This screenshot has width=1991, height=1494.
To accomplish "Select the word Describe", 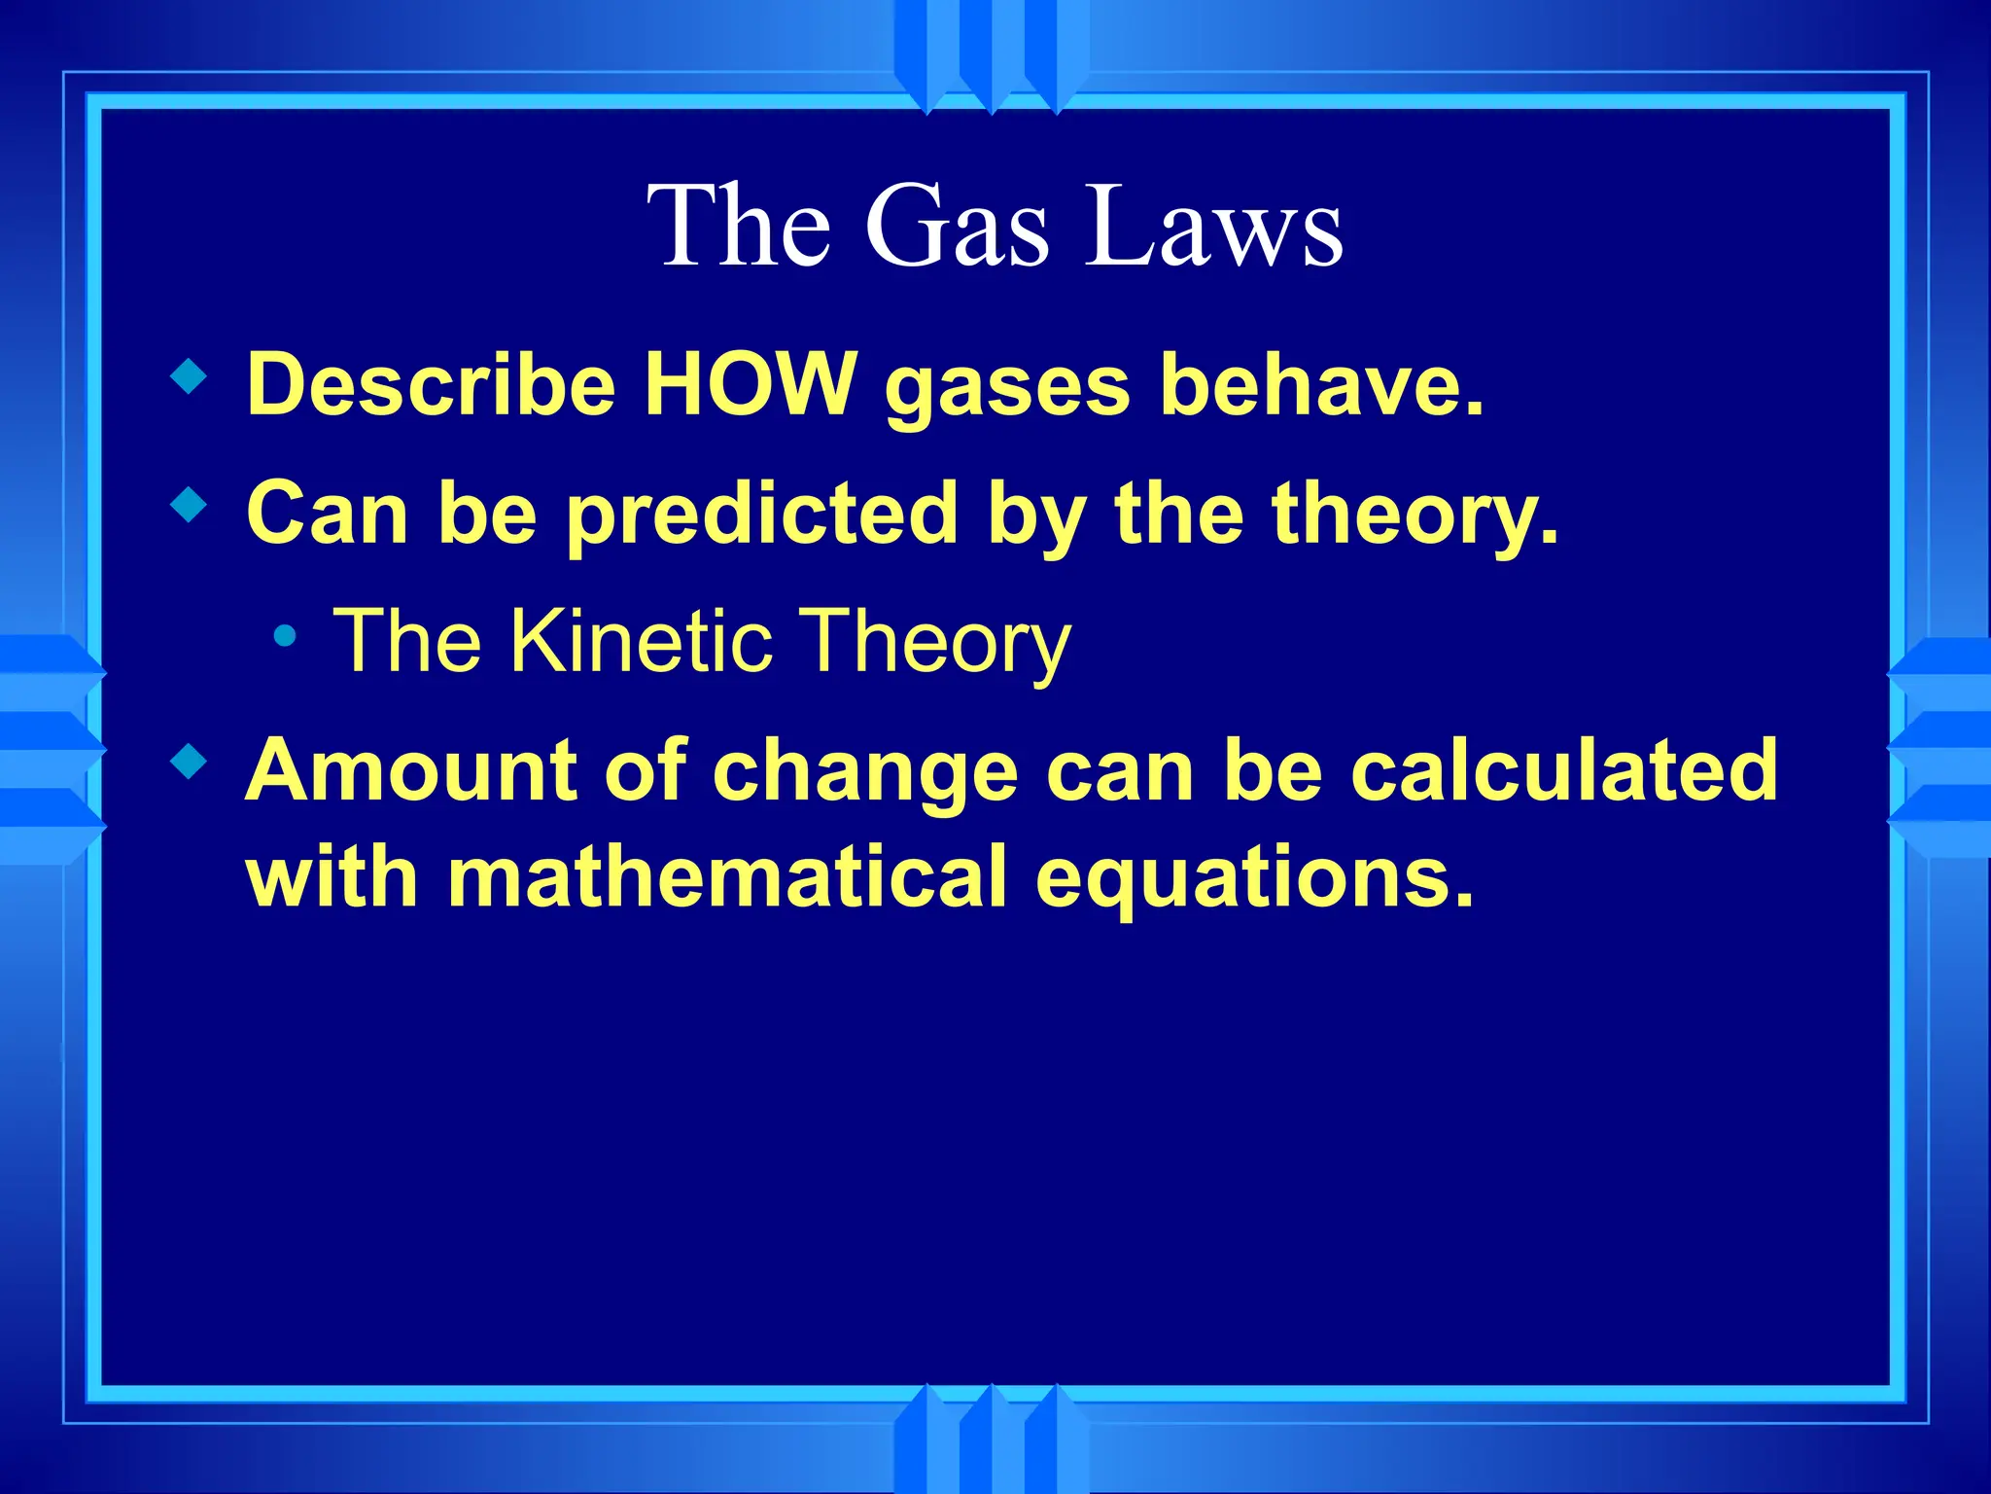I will click(x=432, y=383).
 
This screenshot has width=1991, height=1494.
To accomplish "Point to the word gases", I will click(x=1007, y=387).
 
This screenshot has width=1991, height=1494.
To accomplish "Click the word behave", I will click(x=1322, y=383).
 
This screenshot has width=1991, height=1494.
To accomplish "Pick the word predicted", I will click(x=763, y=516).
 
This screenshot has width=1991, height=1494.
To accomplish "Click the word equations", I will click(x=1254, y=878).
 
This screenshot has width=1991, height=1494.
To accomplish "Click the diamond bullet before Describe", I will click(x=189, y=376).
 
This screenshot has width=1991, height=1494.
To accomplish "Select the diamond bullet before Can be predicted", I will click(x=189, y=505).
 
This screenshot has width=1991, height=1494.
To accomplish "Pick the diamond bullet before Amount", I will click(x=189, y=762).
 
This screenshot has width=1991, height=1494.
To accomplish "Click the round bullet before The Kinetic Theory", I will click(x=285, y=637).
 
